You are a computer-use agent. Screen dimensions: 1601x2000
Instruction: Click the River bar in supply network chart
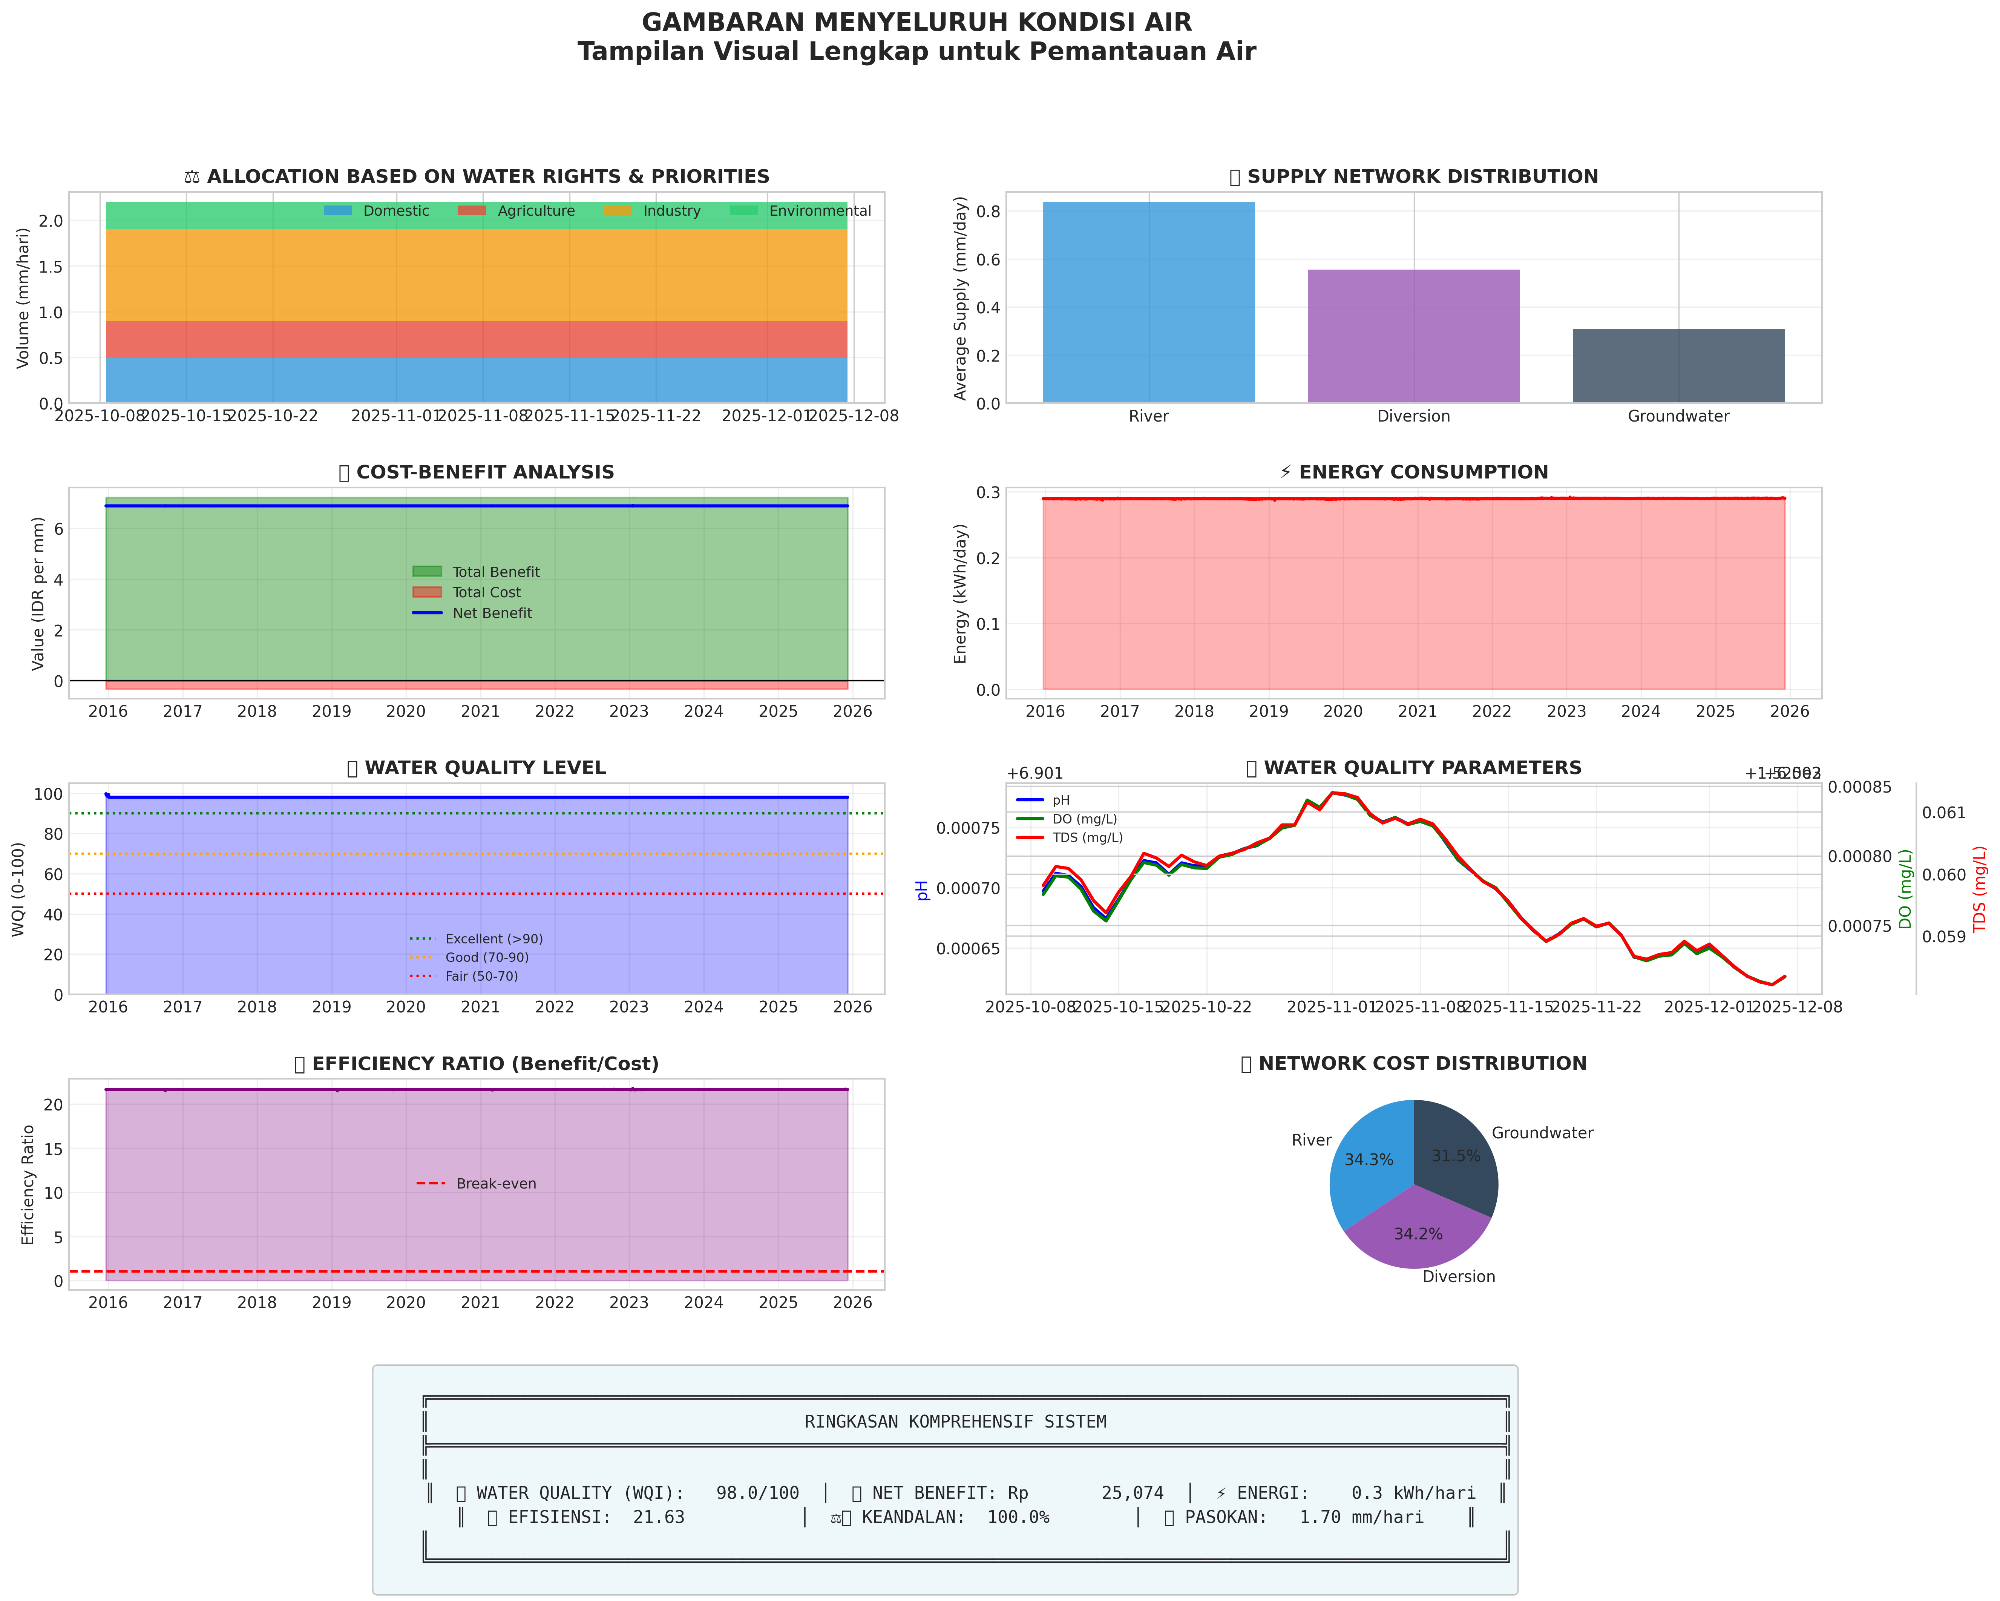1148,302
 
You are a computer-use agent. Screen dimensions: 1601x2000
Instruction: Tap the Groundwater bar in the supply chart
1678,365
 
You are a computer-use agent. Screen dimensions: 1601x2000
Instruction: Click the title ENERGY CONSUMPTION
1423,472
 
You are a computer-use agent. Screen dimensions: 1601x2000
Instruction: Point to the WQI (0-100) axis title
18,889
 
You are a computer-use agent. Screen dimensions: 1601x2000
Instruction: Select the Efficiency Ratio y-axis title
28,1184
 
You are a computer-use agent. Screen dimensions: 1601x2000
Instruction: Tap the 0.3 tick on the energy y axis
988,492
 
